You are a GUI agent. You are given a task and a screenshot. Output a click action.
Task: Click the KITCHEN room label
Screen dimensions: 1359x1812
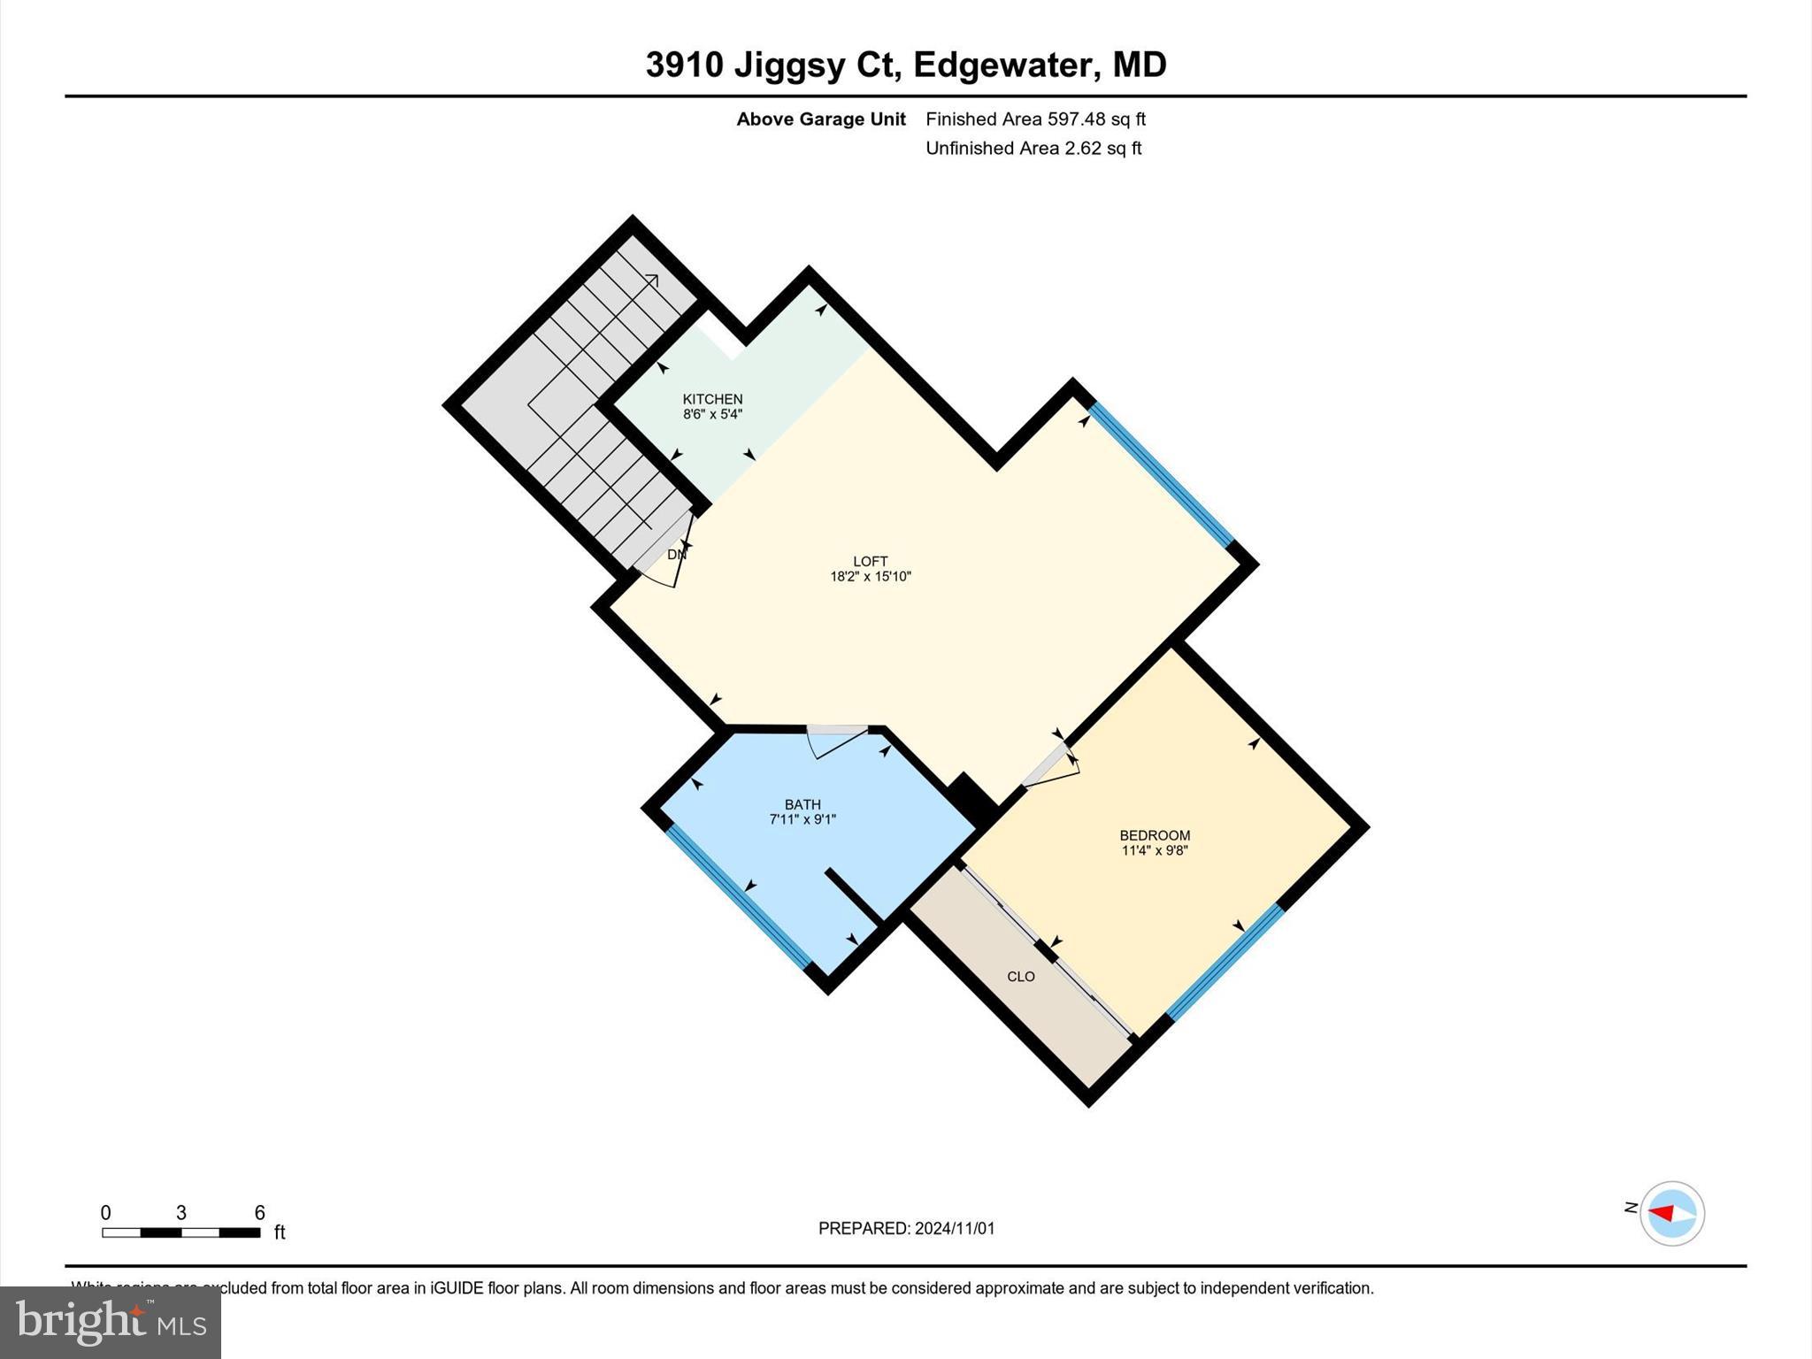712,399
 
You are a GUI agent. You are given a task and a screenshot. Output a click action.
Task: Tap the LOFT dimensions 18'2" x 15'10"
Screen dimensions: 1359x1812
870,577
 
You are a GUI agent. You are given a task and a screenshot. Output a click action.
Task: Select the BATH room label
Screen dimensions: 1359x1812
802,804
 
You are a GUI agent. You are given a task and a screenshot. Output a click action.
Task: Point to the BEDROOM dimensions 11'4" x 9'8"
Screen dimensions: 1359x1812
1155,851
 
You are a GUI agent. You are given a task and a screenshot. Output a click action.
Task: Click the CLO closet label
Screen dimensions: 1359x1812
1021,977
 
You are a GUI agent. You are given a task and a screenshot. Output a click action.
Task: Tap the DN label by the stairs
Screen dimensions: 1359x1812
676,555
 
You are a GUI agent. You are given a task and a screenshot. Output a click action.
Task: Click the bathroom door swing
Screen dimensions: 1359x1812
836,741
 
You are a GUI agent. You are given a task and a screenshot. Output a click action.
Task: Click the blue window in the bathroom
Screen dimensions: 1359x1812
737,896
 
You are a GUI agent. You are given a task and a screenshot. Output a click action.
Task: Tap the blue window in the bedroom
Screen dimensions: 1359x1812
1225,962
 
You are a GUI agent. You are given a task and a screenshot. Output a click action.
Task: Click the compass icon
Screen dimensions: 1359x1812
1671,1213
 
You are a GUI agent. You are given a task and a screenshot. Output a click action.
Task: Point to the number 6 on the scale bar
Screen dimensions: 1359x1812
259,1213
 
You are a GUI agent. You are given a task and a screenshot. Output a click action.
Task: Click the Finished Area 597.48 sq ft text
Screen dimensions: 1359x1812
1035,119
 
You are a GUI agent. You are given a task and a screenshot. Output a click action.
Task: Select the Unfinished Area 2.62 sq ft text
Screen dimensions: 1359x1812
1033,148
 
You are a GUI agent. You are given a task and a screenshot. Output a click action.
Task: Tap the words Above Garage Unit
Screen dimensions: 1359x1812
821,119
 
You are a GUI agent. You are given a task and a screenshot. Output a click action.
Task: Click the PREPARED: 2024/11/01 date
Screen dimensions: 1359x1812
906,1228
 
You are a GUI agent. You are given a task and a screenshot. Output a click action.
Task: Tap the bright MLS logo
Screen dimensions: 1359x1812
111,1322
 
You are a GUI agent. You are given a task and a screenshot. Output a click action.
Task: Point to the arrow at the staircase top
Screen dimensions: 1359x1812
652,280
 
